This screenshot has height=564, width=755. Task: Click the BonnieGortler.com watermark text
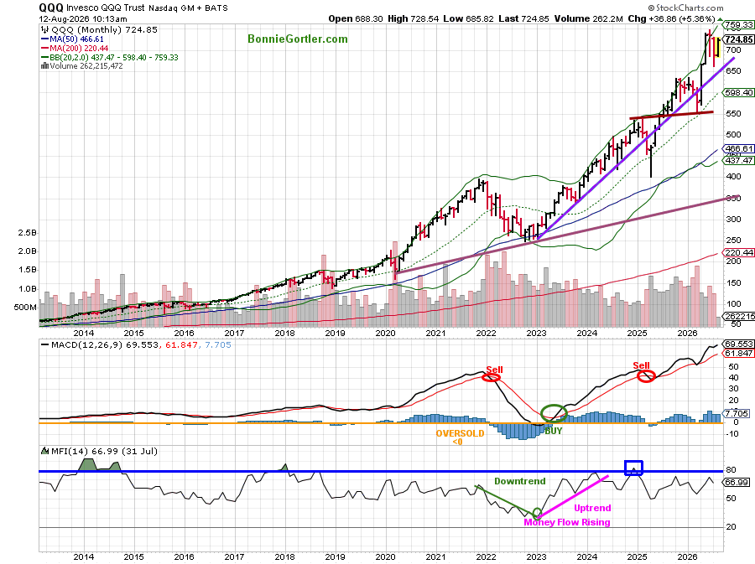[x=298, y=39]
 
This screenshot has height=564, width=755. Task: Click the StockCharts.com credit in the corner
[x=685, y=8]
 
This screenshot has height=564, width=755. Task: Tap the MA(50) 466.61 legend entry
[x=73, y=39]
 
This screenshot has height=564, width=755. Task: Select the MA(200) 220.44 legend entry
[x=75, y=48]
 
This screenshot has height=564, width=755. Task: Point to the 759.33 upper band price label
[x=739, y=24]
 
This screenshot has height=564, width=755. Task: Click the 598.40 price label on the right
[x=739, y=92]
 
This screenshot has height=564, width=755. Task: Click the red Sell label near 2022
[x=494, y=370]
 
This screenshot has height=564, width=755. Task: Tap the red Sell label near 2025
[x=641, y=365]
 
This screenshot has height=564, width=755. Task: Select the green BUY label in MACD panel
[x=554, y=431]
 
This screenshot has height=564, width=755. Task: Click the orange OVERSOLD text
[x=460, y=433]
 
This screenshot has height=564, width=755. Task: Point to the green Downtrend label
[x=520, y=481]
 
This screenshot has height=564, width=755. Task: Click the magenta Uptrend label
[x=592, y=508]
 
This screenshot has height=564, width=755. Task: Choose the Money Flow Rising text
[x=567, y=522]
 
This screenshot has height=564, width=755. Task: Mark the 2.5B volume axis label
[x=27, y=233]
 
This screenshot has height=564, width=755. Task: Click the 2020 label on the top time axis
[x=385, y=333]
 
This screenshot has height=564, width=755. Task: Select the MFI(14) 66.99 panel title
[x=99, y=451]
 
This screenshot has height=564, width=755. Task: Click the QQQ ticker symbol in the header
[x=51, y=8]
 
